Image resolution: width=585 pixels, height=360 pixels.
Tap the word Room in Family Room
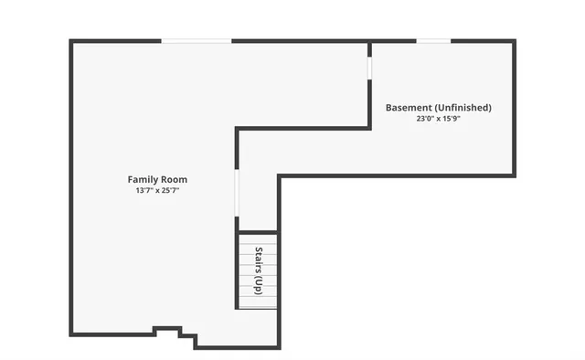click(175, 180)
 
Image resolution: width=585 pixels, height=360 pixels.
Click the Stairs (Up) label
click(259, 270)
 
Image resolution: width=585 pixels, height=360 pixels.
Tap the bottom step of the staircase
click(258, 304)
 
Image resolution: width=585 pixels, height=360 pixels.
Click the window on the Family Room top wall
click(197, 40)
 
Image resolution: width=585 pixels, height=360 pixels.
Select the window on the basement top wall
click(434, 40)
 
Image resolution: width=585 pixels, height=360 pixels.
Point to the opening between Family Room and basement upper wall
click(369, 69)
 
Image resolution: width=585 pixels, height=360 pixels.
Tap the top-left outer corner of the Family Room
click(71, 41)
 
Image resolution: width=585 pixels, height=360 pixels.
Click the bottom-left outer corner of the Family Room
click(71, 334)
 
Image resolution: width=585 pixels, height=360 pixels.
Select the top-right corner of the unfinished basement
click(515, 41)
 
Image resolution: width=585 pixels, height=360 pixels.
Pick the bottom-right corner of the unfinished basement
click(515, 175)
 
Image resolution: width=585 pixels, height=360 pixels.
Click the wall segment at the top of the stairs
click(258, 233)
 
